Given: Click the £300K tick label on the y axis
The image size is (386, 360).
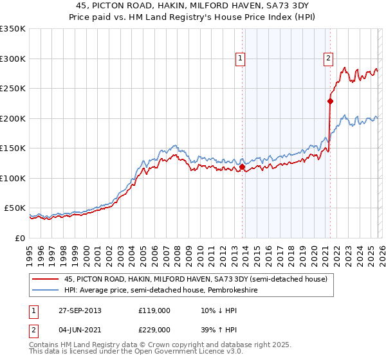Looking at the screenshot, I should pos(13,59).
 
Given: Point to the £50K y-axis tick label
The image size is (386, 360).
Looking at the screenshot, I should pos(15,208).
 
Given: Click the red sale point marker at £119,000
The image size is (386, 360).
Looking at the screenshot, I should pos(242,167).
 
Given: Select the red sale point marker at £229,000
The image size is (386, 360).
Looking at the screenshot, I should pos(330,101).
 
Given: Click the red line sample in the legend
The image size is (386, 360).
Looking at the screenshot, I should pos(46,279).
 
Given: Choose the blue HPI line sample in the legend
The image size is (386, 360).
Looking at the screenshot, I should pos(46,290).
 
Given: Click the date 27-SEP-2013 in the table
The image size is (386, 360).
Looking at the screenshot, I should pos(78,310).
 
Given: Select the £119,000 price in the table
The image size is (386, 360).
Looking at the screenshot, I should pos(154,310).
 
